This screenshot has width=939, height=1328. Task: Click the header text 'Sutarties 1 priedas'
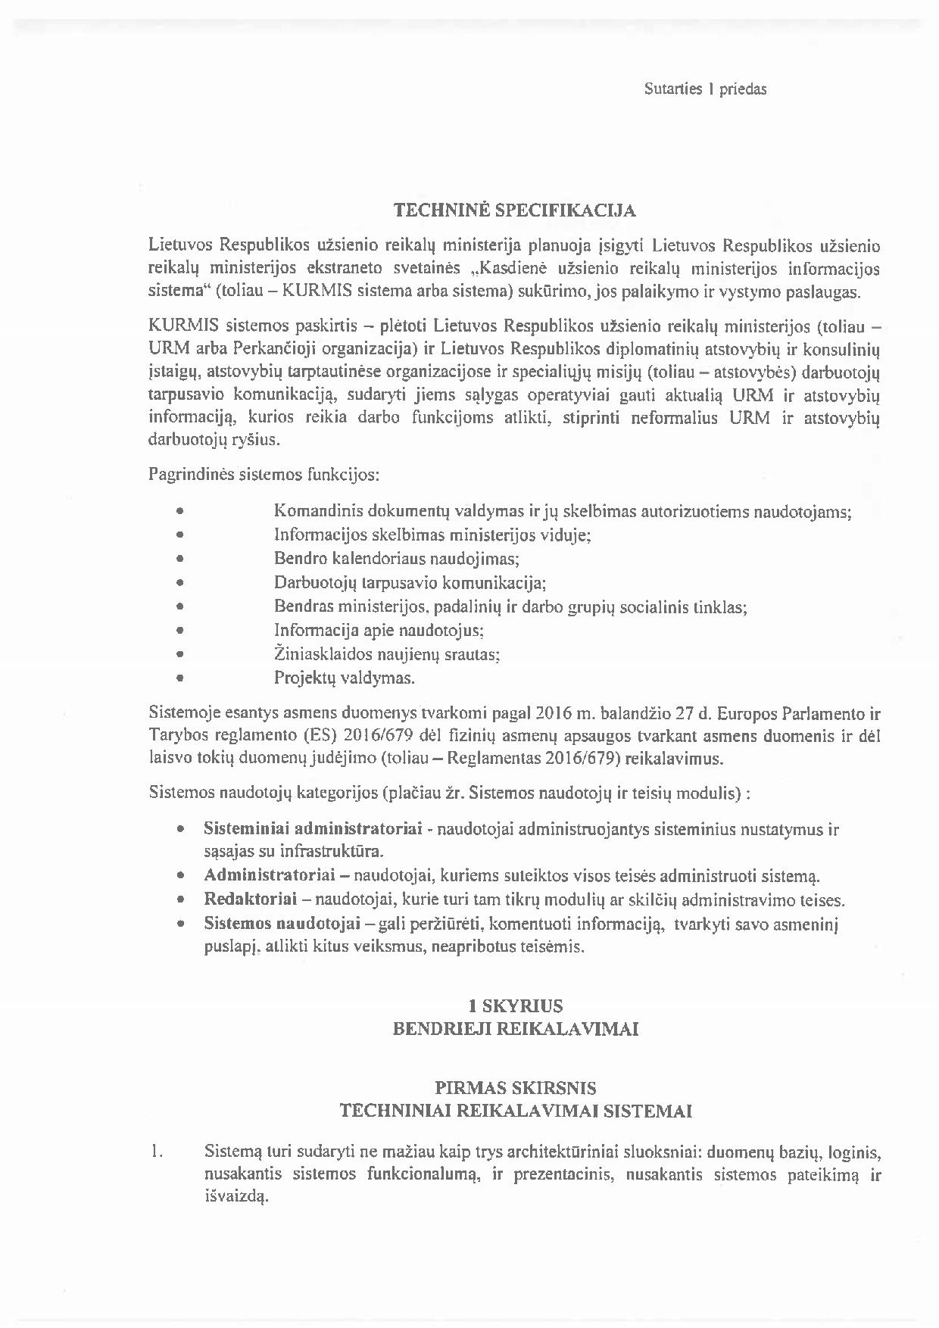[x=705, y=89]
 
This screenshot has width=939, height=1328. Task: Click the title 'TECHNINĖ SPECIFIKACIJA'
[x=515, y=211]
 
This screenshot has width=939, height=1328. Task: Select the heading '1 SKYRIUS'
[x=515, y=1006]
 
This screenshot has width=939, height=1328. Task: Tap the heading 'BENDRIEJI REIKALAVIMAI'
[x=515, y=1029]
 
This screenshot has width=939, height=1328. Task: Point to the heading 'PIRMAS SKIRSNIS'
[x=515, y=1089]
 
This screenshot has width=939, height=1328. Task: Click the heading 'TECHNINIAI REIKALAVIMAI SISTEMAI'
[x=515, y=1111]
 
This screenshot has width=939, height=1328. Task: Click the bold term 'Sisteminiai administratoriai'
[x=313, y=828]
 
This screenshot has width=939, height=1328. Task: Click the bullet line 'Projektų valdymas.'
[x=345, y=678]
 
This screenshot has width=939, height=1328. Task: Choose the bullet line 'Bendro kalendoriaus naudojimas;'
[x=397, y=560]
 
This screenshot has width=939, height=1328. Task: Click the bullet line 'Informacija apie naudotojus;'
[x=379, y=630]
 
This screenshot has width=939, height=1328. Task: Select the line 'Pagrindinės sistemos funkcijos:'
[x=264, y=475]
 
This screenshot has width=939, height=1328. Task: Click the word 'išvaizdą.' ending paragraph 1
[x=236, y=1198]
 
